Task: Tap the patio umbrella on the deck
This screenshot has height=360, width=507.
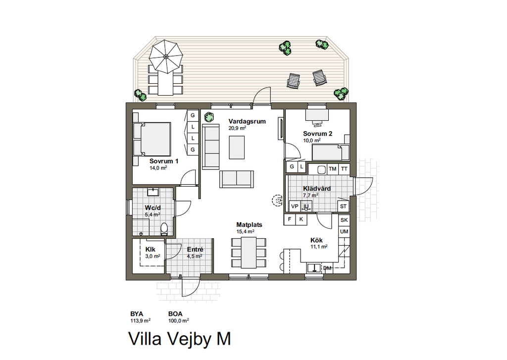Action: pos(165,56)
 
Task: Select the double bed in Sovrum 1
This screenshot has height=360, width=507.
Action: pos(152,139)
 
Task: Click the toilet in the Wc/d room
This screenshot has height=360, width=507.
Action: pos(164,228)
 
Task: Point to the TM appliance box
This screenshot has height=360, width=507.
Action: pos(332,169)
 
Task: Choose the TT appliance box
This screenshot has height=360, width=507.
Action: pos(344,169)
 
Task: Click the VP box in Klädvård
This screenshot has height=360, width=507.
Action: pos(295,206)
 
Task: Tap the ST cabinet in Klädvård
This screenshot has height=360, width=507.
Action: pos(344,206)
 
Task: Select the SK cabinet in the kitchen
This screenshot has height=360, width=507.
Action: pos(344,220)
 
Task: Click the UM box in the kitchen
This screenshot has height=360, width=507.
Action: pos(344,231)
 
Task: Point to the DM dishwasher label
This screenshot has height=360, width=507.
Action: pos(327,268)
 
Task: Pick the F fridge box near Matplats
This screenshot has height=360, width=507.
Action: pos(290,219)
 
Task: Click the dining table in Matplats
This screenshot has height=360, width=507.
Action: pos(249,253)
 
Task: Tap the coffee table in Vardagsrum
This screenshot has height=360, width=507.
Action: pos(237,148)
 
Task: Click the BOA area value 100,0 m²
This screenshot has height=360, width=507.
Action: pos(178,321)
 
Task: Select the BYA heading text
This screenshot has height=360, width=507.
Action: pos(137,314)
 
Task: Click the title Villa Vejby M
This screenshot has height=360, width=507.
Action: pos(180,339)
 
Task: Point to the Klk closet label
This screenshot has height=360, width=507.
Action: pos(151,250)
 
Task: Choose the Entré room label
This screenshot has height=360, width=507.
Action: pos(195,250)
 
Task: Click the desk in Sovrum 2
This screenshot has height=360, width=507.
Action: pos(317,115)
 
